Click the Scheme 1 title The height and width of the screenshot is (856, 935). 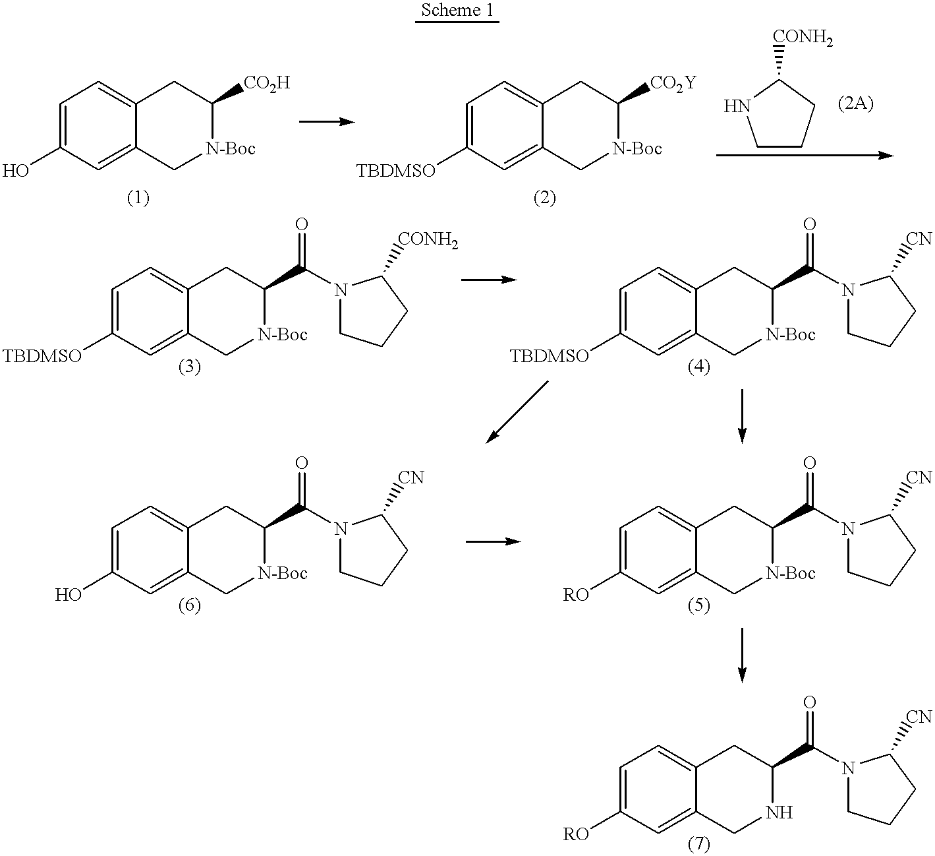pyautogui.click(x=457, y=11)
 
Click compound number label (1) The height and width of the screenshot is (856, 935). pyautogui.click(x=138, y=199)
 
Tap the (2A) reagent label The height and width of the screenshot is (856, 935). pyautogui.click(x=855, y=103)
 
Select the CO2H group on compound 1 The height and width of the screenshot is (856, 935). pyautogui.click(x=267, y=83)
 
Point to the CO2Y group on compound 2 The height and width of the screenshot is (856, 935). pyautogui.click(x=673, y=83)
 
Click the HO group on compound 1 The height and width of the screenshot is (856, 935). pyautogui.click(x=15, y=171)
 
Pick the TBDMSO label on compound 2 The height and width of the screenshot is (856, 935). pyautogui.click(x=396, y=171)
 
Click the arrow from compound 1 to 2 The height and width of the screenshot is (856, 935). pyautogui.click(x=327, y=122)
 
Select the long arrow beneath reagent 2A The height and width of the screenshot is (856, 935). pyautogui.click(x=805, y=156)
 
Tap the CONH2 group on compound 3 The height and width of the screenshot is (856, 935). pyautogui.click(x=428, y=240)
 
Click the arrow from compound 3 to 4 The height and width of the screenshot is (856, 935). pyautogui.click(x=489, y=280)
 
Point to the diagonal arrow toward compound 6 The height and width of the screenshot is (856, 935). pyautogui.click(x=517, y=412)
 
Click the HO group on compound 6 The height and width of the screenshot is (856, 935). pyautogui.click(x=69, y=595)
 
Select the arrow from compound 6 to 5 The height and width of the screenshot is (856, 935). pyautogui.click(x=493, y=541)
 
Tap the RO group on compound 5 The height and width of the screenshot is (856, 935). pyautogui.click(x=576, y=595)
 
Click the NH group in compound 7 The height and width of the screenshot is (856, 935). pyautogui.click(x=779, y=812)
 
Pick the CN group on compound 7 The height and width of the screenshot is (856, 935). pyautogui.click(x=919, y=717)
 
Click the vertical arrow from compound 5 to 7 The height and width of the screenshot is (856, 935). pyautogui.click(x=742, y=655)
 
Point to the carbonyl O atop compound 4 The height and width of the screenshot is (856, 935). pyautogui.click(x=810, y=224)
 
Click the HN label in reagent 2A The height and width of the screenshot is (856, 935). pyautogui.click(x=737, y=107)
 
